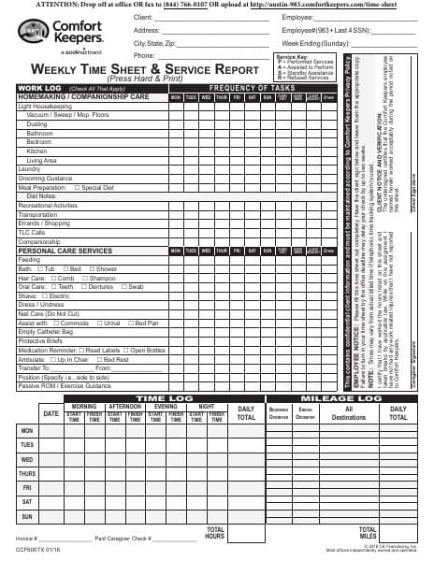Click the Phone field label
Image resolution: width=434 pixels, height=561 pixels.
tap(144, 55)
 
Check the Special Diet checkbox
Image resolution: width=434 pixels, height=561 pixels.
tap(78, 187)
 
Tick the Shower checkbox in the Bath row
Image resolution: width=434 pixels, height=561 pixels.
tap(88, 269)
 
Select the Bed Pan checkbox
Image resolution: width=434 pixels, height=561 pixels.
tap(130, 323)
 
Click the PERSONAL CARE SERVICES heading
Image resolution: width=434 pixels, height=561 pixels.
tap(65, 252)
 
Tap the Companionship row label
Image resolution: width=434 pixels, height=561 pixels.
tap(39, 241)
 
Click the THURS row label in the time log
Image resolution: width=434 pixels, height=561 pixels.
tap(27, 473)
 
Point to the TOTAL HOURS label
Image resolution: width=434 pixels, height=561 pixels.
tap(214, 534)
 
